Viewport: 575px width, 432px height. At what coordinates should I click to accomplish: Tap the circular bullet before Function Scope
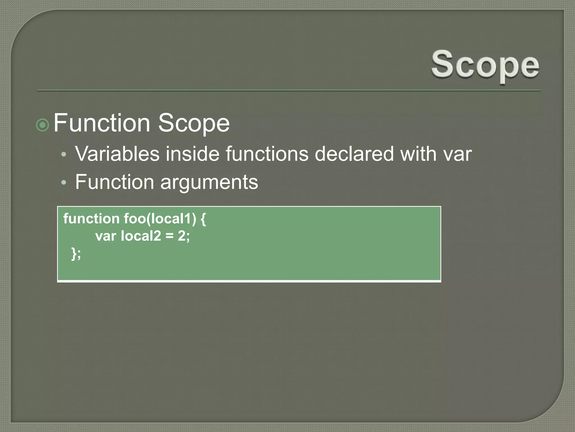[x=43, y=125]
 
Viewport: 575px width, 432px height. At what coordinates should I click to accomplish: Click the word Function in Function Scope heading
[x=102, y=123]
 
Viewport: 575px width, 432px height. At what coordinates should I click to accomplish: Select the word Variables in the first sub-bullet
[x=117, y=154]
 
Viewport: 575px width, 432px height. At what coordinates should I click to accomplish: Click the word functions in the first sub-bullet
[x=267, y=154]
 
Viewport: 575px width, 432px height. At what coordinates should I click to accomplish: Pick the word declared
[x=354, y=154]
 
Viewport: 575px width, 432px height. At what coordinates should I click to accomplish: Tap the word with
[x=418, y=154]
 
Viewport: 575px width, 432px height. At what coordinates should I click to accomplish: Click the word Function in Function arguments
[x=115, y=182]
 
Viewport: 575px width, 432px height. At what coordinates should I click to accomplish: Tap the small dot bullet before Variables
[x=64, y=154]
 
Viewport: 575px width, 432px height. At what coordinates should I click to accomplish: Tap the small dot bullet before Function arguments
[x=64, y=183]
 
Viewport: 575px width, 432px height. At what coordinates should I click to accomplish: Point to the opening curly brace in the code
[x=203, y=219]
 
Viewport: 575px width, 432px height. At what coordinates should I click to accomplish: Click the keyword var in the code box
[x=106, y=236]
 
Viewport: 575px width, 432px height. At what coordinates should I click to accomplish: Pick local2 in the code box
[x=141, y=236]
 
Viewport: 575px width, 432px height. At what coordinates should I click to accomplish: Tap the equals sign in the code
[x=170, y=236]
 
